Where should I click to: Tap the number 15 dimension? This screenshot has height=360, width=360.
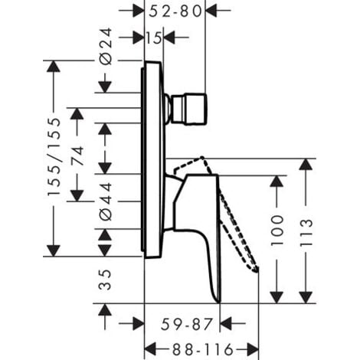pos(153,37)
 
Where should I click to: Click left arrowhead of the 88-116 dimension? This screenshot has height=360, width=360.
pos(149,345)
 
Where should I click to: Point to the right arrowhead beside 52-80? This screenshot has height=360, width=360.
pos(213,11)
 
